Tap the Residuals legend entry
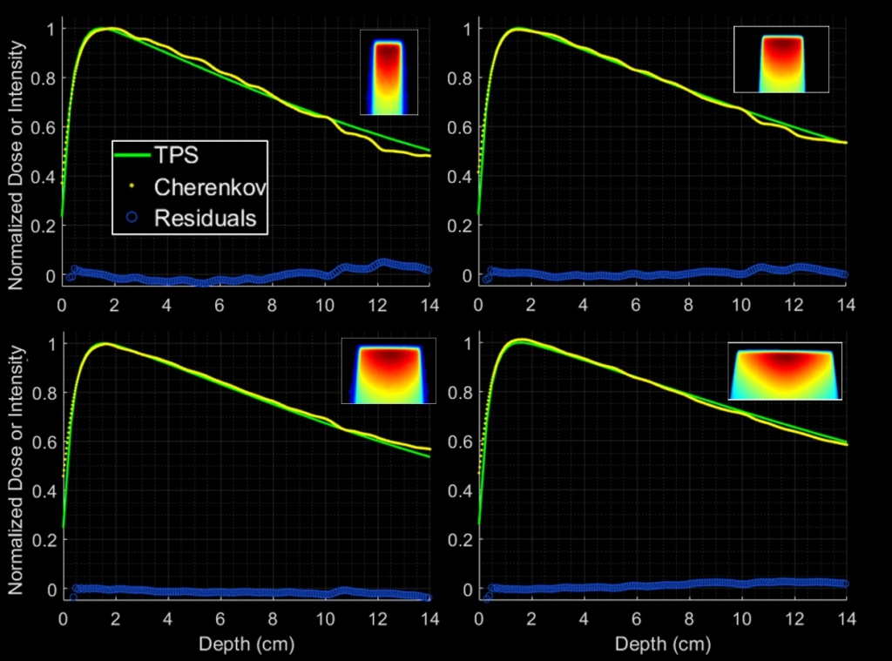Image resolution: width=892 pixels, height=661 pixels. [205, 218]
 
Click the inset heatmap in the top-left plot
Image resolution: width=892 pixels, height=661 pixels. [389, 72]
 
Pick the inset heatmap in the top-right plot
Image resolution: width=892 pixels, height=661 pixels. [781, 58]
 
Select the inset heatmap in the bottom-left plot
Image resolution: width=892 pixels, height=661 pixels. [385, 372]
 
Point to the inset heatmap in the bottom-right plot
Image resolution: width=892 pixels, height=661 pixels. [786, 372]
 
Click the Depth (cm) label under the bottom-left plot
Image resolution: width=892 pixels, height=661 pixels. [246, 644]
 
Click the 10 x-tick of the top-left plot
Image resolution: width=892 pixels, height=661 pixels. [325, 306]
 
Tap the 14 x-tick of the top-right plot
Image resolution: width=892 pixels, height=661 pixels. [845, 306]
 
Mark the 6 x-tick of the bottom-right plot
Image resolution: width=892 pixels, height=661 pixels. [636, 620]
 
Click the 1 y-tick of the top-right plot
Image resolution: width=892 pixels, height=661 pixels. [466, 29]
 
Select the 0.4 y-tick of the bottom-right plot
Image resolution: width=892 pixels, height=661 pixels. [459, 491]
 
